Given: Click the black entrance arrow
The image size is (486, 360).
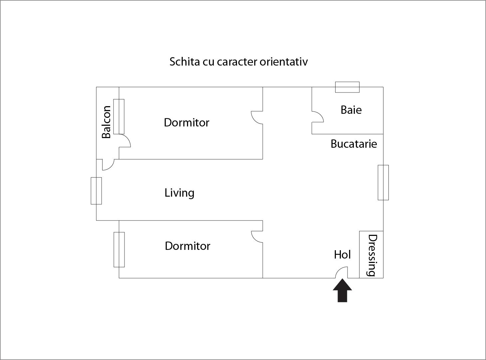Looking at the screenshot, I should click(342, 291).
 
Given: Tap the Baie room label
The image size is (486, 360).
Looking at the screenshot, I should click(351, 110).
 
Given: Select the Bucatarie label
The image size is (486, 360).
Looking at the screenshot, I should click(354, 144).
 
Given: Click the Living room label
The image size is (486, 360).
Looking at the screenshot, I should click(179, 193).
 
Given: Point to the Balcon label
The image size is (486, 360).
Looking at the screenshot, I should click(106, 122).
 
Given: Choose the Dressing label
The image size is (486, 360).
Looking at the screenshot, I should click(372, 255).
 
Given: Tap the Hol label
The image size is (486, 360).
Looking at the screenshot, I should click(342, 255).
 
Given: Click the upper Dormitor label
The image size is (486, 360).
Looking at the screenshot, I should click(186, 122).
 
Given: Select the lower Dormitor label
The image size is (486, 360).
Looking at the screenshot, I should click(187, 246).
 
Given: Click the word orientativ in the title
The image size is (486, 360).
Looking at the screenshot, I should click(283, 62).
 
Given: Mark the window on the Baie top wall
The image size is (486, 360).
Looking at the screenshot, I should click(347, 87).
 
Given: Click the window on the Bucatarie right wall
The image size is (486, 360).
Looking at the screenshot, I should click(383, 182).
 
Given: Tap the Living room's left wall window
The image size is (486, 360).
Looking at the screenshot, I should click(96, 191).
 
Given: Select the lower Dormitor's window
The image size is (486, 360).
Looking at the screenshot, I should click(119, 250).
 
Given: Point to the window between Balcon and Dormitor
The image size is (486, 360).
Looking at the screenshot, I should click(119, 116).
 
